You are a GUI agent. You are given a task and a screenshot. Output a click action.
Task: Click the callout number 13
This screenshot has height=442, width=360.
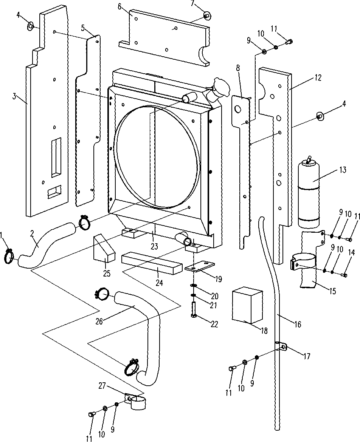pyautogui.click(x=343, y=170)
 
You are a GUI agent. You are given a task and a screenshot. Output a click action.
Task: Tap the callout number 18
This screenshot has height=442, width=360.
pyautogui.click(x=264, y=331)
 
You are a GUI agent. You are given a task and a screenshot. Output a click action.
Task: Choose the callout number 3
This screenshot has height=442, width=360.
pyautogui.click(x=14, y=97)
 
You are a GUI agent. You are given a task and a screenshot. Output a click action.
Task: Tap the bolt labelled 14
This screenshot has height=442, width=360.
pyautogui.click(x=344, y=275)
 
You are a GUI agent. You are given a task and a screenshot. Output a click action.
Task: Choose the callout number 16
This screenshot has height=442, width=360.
pyautogui.click(x=298, y=324)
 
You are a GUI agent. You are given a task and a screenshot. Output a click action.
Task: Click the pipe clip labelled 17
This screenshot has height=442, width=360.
pyautogui.click(x=282, y=347)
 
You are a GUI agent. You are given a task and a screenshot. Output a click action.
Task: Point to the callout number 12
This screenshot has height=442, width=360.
pyautogui.click(x=318, y=78)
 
